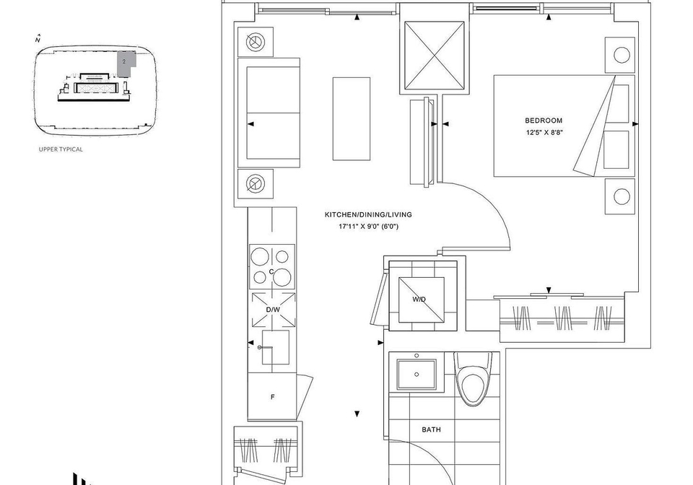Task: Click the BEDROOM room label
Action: (x=544, y=120)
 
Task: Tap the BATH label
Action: (x=431, y=429)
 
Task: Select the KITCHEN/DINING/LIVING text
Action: (x=368, y=214)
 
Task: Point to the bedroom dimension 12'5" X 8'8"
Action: (x=544, y=132)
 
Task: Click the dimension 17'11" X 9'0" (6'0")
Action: (x=368, y=227)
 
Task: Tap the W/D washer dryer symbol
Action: (x=422, y=300)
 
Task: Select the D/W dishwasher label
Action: (x=273, y=310)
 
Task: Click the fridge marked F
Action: (x=272, y=397)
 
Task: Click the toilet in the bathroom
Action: (x=473, y=379)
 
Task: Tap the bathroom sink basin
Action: (x=417, y=374)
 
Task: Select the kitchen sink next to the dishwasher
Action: (x=276, y=347)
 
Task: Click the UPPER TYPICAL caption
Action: (x=61, y=149)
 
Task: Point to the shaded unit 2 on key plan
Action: (x=125, y=64)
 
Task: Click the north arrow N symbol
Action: (x=38, y=39)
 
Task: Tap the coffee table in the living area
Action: (x=352, y=119)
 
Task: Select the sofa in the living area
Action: (x=269, y=113)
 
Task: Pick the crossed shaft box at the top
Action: (x=435, y=56)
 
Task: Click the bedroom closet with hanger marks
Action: (x=562, y=319)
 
